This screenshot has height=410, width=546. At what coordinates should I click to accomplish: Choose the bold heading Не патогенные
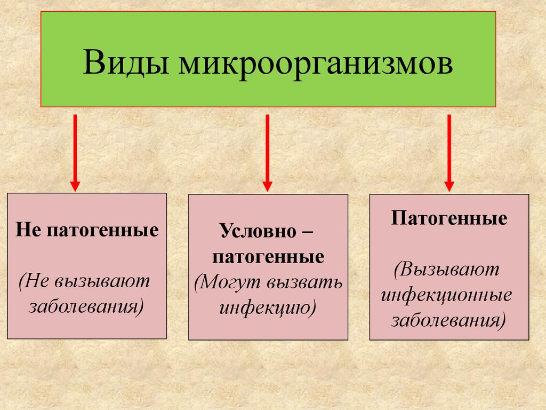point(87,231)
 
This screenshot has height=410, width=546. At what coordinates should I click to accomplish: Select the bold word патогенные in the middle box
point(268,257)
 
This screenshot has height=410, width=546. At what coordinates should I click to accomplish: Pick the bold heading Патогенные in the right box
point(449,219)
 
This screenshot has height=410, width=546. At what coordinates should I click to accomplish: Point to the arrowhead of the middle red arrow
point(268,186)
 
